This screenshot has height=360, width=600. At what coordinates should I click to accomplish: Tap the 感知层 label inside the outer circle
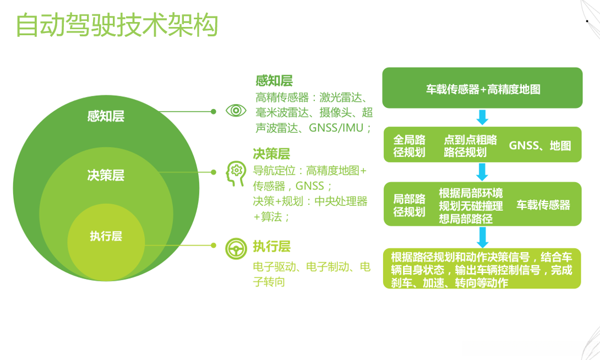106,116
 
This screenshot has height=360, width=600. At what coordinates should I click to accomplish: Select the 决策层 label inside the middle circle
106,175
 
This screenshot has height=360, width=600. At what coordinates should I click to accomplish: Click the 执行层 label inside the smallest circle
106,237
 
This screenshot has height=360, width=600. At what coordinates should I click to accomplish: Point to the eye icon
236,110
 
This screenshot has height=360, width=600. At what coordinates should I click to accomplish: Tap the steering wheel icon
236,249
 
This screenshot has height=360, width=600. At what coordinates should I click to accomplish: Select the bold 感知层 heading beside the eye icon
274,81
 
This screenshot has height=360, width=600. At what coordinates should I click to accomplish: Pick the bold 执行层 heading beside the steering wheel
271,246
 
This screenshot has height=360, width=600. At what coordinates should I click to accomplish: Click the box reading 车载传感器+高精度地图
482,89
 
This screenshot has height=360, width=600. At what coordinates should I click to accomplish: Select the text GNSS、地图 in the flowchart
539,146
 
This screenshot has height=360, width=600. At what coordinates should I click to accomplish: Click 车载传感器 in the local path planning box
543,205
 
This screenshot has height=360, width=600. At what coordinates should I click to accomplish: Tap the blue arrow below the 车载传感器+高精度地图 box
482,117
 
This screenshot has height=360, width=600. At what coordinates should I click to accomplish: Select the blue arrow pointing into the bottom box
482,237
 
